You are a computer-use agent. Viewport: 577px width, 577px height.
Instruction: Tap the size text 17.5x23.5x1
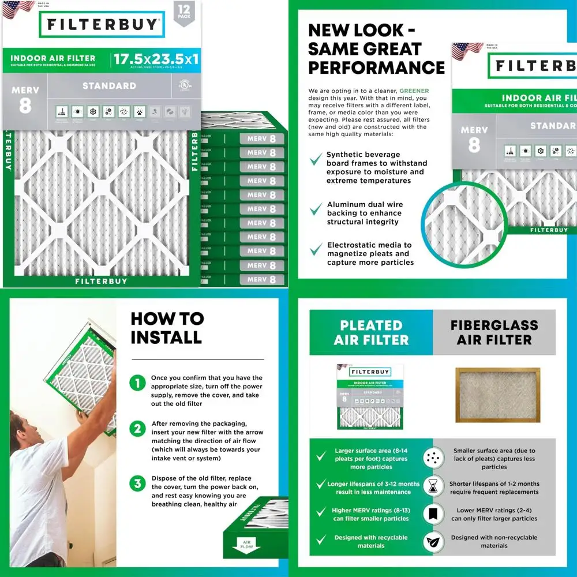pos(155,59)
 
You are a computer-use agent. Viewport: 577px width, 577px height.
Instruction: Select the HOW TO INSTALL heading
pos(167,328)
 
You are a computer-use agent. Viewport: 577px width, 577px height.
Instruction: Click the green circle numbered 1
pos(137,383)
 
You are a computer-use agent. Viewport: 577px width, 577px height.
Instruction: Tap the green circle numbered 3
pos(137,484)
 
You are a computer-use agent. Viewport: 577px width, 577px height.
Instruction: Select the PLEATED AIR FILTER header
pos(371,333)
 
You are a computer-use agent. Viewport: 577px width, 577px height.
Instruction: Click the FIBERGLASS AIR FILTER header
pos(494,333)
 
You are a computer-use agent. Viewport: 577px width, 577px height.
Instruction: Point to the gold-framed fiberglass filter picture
pos(497,395)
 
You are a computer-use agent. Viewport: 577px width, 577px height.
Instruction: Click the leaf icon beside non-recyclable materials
pos(433,542)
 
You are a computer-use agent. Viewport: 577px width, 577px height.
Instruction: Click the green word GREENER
pos(414,91)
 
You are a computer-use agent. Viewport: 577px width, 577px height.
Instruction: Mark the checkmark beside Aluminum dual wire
pos(316,209)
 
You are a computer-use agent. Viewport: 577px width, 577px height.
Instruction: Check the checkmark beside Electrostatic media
pos(316,249)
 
